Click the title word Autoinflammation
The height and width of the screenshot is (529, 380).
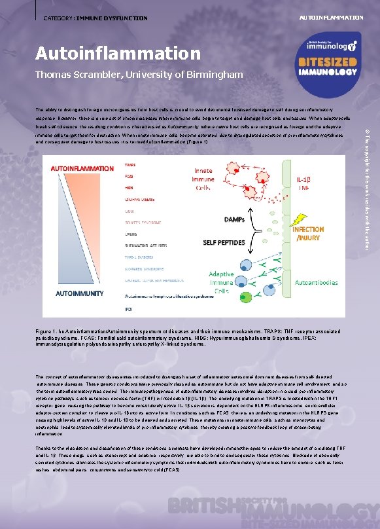[x=118, y=52]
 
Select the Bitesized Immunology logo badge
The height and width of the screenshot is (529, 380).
[x=332, y=57]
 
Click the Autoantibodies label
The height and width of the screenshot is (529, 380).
[x=317, y=283]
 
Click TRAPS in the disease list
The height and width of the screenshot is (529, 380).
[x=130, y=164]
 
